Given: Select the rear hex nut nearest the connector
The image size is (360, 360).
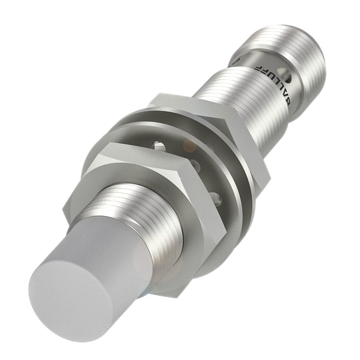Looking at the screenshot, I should [x=216, y=119].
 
